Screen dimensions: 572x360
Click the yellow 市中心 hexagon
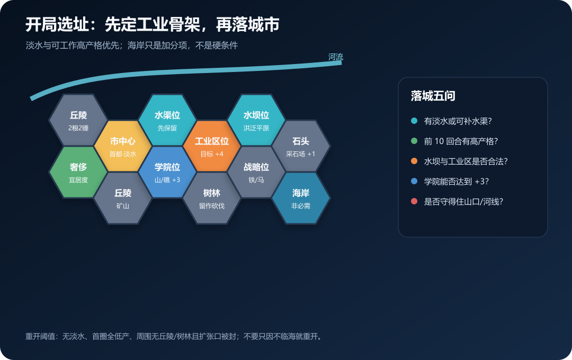(123, 146)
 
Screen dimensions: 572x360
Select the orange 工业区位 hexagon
(212, 146)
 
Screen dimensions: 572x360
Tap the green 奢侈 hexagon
(78, 172)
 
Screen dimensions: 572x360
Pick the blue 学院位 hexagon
(167, 172)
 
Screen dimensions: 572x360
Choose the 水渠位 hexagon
(167, 120)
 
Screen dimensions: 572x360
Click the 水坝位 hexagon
(256, 120)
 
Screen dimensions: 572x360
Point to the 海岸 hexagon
(301, 198)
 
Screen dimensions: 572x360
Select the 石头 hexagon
(301, 146)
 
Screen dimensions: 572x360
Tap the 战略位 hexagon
(256, 172)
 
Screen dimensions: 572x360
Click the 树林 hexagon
(212, 198)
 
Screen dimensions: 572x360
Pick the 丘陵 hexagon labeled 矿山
(123, 198)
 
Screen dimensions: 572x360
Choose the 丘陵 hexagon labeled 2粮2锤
(78, 120)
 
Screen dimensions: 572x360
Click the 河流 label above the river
(336, 57)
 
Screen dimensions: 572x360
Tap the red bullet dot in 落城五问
(414, 201)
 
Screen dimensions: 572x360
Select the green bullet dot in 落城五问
(414, 141)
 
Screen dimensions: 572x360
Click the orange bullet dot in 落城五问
(414, 161)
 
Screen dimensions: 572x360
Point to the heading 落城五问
(433, 96)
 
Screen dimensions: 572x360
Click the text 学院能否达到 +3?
(457, 181)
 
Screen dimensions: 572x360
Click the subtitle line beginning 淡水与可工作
(132, 45)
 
